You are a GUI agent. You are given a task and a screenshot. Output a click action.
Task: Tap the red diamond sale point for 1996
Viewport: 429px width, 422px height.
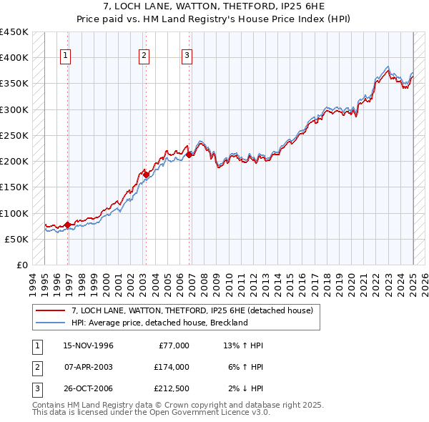click(68, 225)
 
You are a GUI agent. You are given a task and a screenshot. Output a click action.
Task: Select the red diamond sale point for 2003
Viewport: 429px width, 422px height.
click(146, 175)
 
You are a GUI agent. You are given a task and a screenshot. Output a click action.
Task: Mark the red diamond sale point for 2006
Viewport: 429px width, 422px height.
click(189, 154)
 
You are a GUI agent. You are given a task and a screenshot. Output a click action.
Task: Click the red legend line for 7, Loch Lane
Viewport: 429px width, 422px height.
click(50, 311)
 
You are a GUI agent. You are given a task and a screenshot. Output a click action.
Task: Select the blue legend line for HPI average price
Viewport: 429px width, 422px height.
click(50, 323)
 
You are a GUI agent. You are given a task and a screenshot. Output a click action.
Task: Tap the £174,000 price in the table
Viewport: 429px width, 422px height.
click(172, 367)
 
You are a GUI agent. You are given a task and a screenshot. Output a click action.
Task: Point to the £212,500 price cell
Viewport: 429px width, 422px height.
click(172, 388)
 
